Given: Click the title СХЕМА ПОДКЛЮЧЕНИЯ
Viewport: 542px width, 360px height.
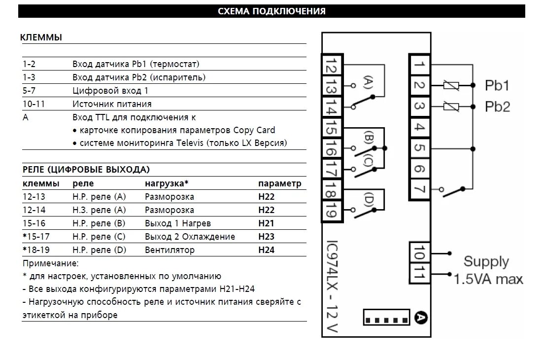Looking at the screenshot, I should coord(271,11).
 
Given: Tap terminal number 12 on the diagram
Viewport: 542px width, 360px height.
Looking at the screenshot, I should coord(331,66).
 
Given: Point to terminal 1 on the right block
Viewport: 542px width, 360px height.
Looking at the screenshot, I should coord(418,64).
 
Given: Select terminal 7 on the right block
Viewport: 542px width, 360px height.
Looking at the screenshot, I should coord(418,190).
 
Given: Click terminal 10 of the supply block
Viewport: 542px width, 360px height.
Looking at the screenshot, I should coord(418,254).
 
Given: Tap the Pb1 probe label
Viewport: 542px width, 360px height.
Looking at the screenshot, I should coord(497,86).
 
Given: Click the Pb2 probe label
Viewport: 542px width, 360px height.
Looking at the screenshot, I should coord(497,107).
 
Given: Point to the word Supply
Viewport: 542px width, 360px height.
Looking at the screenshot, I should coord(486,261).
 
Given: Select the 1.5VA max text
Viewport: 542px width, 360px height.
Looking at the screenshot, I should coord(488,279).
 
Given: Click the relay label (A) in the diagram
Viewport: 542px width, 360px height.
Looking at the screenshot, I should coord(368,81).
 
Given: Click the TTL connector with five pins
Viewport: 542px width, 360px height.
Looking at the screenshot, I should coord(387,318).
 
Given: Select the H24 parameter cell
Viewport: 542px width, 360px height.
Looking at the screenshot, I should coord(266,250).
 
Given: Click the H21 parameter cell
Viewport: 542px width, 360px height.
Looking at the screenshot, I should coord(266,223).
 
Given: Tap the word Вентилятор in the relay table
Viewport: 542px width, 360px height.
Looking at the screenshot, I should coord(169,250).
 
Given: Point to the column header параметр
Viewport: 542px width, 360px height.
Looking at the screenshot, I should coord(279,183).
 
